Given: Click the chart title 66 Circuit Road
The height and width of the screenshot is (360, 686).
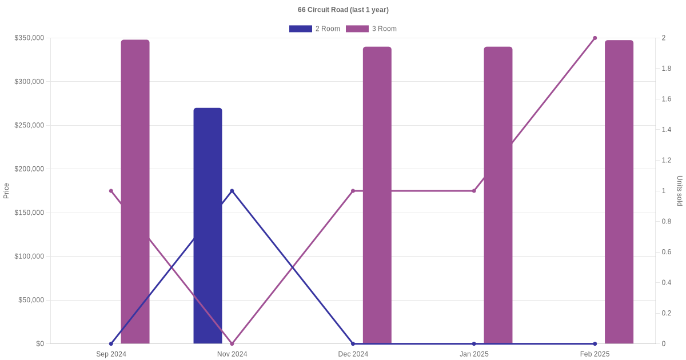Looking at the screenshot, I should pyautogui.click(x=343, y=10).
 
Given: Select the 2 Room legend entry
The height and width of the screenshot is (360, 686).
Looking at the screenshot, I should pyautogui.click(x=314, y=29).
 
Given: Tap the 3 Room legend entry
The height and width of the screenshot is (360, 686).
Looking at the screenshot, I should pyautogui.click(x=371, y=29).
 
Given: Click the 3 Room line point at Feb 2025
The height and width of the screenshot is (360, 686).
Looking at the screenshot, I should pyautogui.click(x=595, y=38).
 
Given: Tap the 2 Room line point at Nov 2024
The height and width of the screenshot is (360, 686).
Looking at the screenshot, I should pyautogui.click(x=232, y=191).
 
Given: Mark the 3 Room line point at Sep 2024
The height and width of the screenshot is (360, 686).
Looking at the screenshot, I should pyautogui.click(x=111, y=191).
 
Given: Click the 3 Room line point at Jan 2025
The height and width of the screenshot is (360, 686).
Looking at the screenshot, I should pyautogui.click(x=474, y=191).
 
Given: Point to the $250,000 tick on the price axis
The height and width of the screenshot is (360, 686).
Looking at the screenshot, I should pyautogui.click(x=29, y=125).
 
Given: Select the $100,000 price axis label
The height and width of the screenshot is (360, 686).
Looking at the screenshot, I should pyautogui.click(x=29, y=256).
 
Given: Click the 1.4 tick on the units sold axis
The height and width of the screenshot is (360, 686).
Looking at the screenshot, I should pyautogui.click(x=667, y=130).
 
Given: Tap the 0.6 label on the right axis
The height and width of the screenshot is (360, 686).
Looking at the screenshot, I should pyautogui.click(x=667, y=252).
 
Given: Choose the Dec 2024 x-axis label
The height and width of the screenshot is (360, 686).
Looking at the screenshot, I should pyautogui.click(x=353, y=354).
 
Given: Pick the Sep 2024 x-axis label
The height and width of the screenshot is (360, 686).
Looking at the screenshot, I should pyautogui.click(x=111, y=354).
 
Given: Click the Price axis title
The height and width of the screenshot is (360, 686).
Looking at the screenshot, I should pyautogui.click(x=6, y=191).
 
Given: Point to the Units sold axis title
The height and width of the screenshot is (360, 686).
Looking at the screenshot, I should pyautogui.click(x=680, y=191).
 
